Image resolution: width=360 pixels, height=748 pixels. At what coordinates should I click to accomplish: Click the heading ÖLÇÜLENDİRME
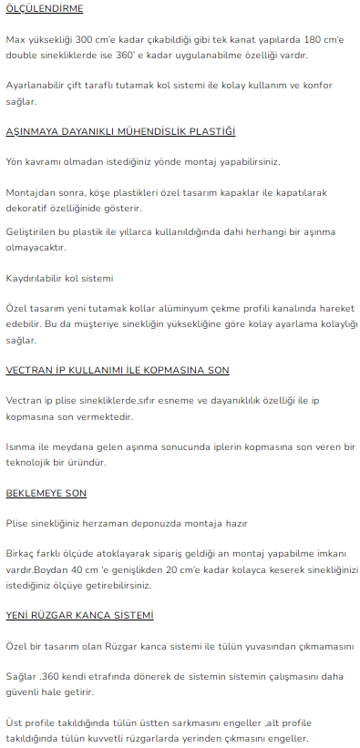[44, 9]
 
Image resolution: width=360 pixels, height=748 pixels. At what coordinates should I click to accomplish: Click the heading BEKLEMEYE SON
[46, 493]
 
